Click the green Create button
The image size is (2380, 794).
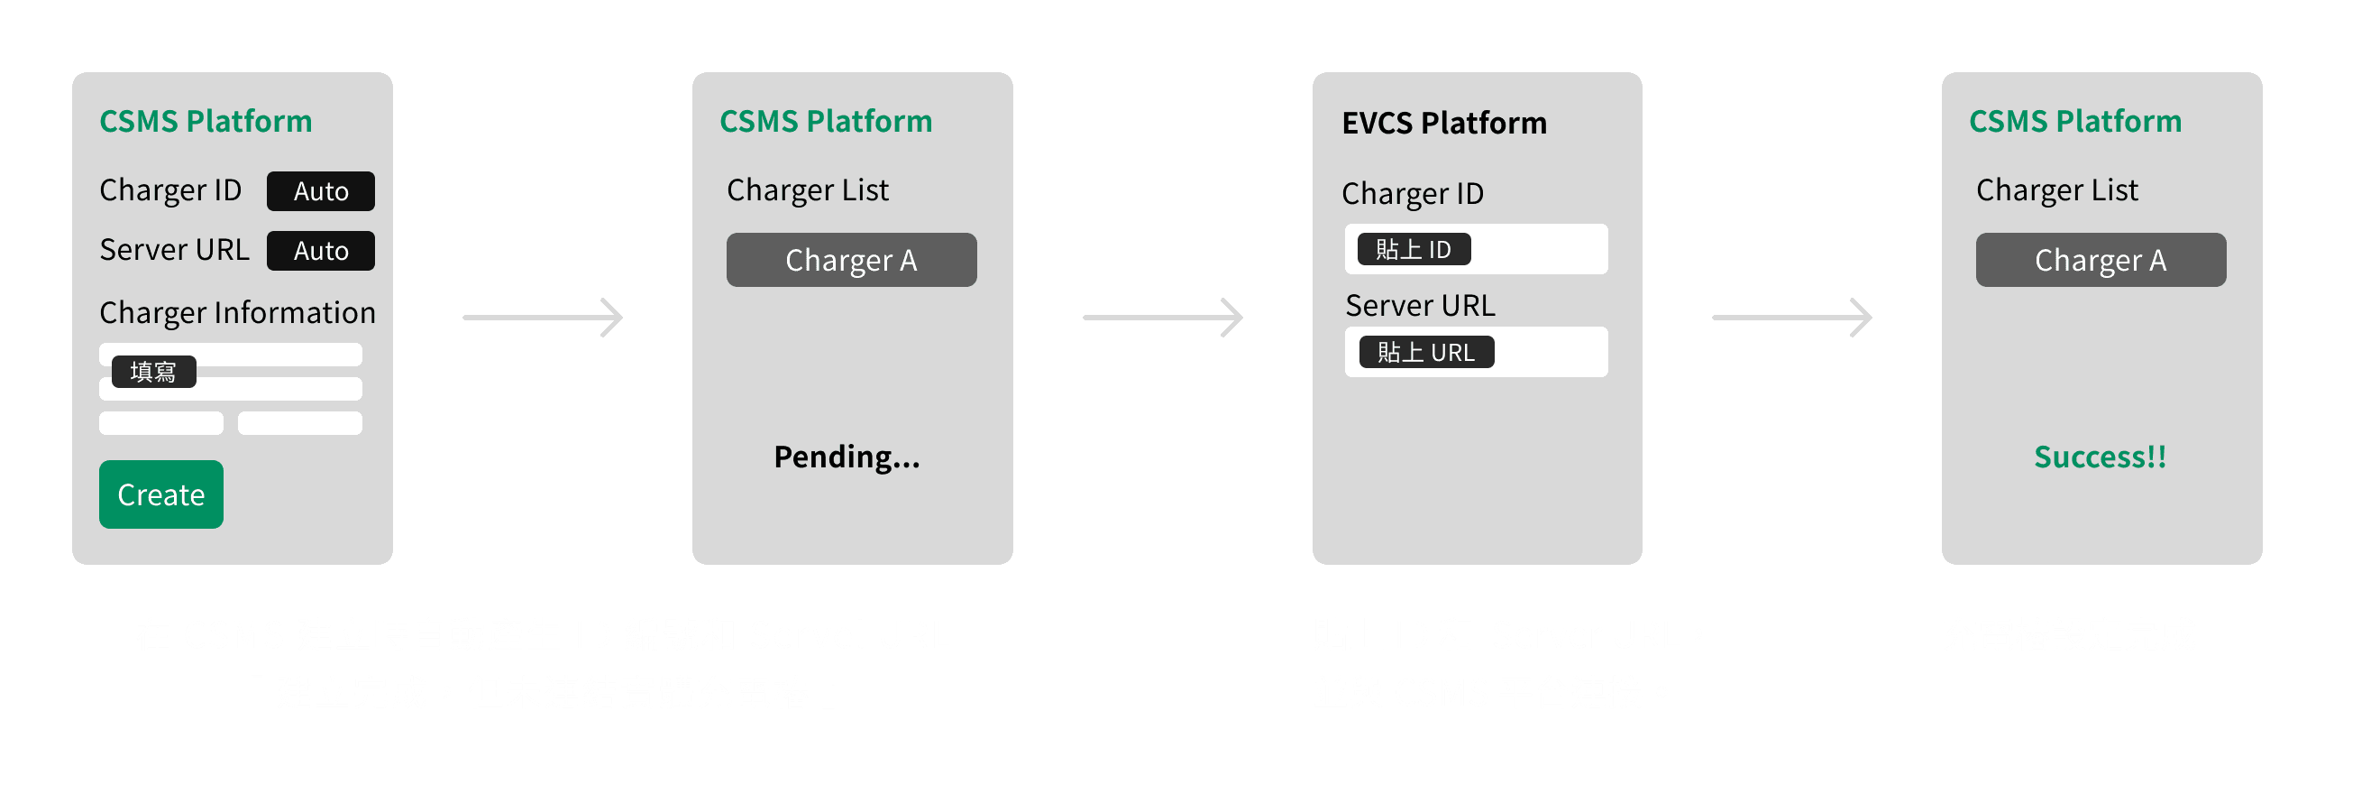pyautogui.click(x=160, y=494)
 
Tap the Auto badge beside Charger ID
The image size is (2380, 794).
pyautogui.click(x=321, y=191)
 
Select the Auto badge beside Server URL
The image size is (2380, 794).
pyautogui.click(x=321, y=251)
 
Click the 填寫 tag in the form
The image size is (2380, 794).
pyautogui.click(x=153, y=372)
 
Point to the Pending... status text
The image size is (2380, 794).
pyautogui.click(x=847, y=457)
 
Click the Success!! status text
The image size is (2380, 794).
pyautogui.click(x=2099, y=457)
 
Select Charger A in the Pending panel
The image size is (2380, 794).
pyautogui.click(x=851, y=260)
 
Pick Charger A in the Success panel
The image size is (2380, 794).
pyautogui.click(x=2100, y=260)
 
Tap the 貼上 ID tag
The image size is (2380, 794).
pyautogui.click(x=1413, y=250)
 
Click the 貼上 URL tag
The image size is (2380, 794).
pyautogui.click(x=1425, y=352)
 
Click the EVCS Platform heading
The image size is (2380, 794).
pyautogui.click(x=1443, y=123)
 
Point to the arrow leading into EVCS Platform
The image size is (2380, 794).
pyautogui.click(x=1162, y=317)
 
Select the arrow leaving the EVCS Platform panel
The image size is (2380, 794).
pyautogui.click(x=1791, y=317)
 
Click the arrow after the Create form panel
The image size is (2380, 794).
pyautogui.click(x=543, y=317)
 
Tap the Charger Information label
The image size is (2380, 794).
pyautogui.click(x=237, y=312)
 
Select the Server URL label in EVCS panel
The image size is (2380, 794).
pyautogui.click(x=1419, y=305)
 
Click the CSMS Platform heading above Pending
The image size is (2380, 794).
pyautogui.click(x=825, y=121)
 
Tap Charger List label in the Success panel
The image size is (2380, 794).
pyautogui.click(x=2056, y=189)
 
